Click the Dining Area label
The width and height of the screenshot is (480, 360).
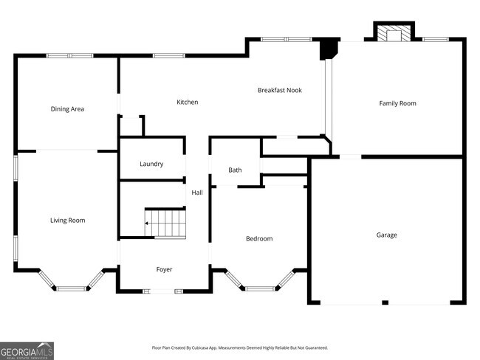pyautogui.click(x=67, y=109)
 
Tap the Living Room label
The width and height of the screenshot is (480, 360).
pyautogui.click(x=67, y=221)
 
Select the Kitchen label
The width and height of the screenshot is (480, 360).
pyautogui.click(x=187, y=102)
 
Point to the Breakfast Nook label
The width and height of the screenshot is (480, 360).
pyautogui.click(x=279, y=90)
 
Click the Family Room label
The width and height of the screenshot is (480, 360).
pyautogui.click(x=397, y=103)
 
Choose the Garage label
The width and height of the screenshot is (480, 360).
pyautogui.click(x=386, y=235)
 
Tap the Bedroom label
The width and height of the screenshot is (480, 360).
pyautogui.click(x=258, y=239)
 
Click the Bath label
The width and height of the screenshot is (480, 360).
pyautogui.click(x=235, y=170)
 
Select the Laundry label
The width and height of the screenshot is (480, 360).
pyautogui.click(x=151, y=164)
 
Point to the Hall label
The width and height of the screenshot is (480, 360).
pyautogui.click(x=197, y=193)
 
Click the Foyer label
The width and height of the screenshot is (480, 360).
pyautogui.click(x=164, y=269)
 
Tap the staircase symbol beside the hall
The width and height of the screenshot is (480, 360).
pyautogui.click(x=165, y=223)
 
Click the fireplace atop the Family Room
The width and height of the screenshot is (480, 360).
pyautogui.click(x=394, y=33)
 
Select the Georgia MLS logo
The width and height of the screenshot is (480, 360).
pyautogui.click(x=27, y=350)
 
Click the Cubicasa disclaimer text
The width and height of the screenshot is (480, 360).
pyautogui.click(x=239, y=347)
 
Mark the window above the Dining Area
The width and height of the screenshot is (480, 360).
pyautogui.click(x=69, y=55)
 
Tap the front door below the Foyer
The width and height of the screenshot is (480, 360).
pyautogui.click(x=163, y=291)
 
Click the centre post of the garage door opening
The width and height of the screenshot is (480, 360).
pyautogui.click(x=385, y=302)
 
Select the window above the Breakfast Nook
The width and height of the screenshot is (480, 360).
pyautogui.click(x=286, y=39)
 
